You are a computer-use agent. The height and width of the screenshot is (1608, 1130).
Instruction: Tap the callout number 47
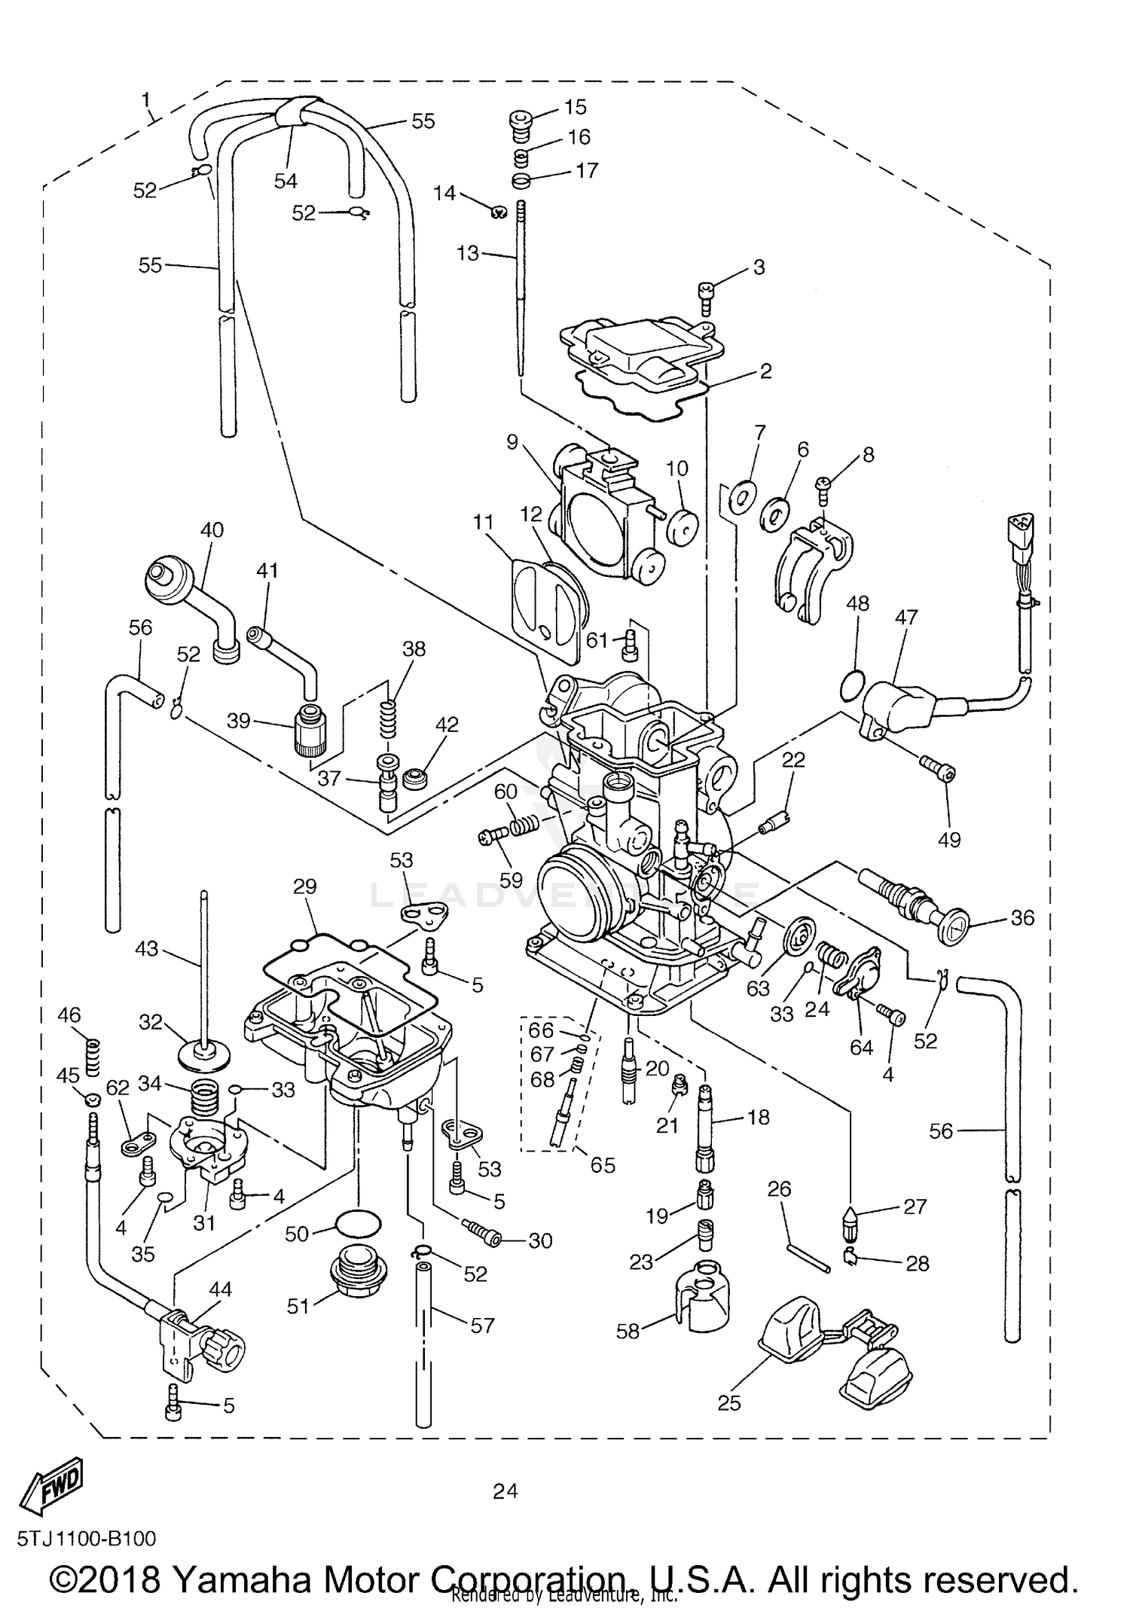(x=906, y=618)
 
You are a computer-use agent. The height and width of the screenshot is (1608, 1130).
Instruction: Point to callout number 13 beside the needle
(x=467, y=253)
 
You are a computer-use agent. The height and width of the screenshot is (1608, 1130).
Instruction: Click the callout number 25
(x=729, y=1403)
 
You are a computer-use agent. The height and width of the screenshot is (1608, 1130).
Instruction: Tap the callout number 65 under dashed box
(x=603, y=1165)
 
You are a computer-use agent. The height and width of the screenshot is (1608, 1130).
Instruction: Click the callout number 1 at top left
(x=145, y=99)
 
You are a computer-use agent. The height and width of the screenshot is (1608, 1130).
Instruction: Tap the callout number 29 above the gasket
(x=304, y=886)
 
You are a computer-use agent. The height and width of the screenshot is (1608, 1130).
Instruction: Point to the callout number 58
(x=627, y=1331)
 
